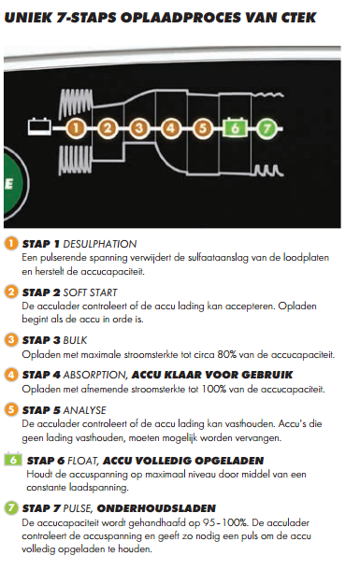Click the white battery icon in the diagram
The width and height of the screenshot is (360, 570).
(39, 127)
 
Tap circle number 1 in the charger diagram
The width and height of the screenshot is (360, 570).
(76, 128)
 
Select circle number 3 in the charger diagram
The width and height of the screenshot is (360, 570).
(139, 128)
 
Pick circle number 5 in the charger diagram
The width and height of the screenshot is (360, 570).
(203, 128)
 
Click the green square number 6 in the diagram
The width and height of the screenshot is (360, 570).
(235, 128)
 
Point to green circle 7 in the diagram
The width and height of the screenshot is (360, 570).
(266, 128)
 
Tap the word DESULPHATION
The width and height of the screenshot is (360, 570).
(100, 244)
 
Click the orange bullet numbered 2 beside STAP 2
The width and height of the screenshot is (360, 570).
(11, 292)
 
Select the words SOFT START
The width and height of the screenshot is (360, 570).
(90, 292)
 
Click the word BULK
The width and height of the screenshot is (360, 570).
(75, 340)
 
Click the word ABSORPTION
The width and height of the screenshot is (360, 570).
(95, 375)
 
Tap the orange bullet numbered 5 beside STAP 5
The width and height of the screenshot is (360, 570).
(11, 409)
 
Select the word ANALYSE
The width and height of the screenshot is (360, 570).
(85, 410)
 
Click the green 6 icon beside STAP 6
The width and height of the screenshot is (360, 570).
(13, 460)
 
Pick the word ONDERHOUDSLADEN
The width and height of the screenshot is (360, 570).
(156, 508)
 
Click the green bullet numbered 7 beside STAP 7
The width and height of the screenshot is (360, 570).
(11, 507)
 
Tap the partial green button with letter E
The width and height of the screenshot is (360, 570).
(15, 184)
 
